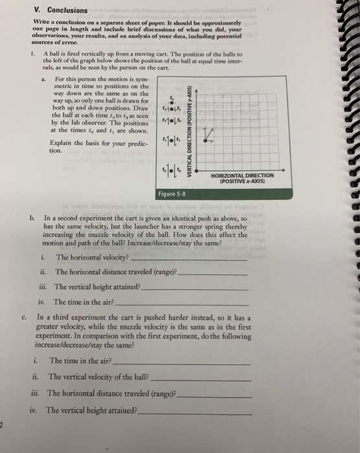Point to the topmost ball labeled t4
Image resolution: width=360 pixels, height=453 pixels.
click(172, 98)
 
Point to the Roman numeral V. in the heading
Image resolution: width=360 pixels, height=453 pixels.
click(36, 10)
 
